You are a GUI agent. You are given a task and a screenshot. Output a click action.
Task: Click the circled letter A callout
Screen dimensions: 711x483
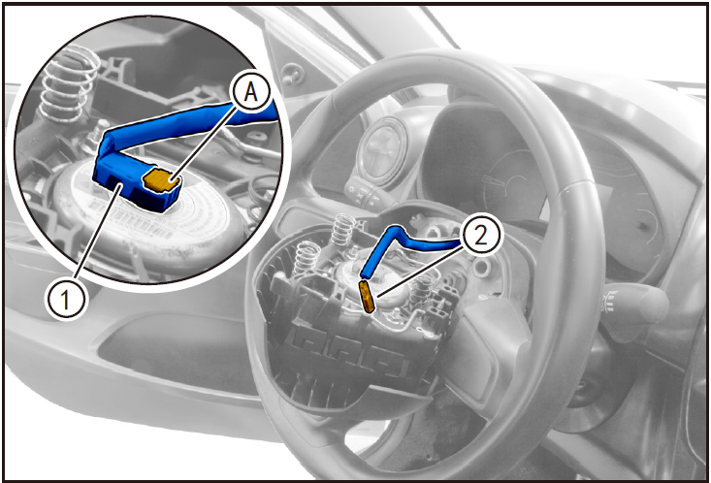pos(251,93)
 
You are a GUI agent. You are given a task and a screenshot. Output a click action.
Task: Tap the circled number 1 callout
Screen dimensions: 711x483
pos(66,300)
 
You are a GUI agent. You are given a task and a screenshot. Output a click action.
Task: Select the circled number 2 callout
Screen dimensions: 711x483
pos(481,236)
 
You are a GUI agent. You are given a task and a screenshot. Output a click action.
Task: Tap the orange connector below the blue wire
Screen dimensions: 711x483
pos(367,296)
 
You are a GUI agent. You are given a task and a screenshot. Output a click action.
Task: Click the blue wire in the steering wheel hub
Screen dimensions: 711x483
pos(399,245)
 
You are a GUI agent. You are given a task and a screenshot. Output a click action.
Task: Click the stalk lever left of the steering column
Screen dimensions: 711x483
pos(364,194)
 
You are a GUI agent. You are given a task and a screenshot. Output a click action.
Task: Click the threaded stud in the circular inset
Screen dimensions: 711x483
pos(96,133)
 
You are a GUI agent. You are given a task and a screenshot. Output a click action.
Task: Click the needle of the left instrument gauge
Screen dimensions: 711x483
pos(495,180)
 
